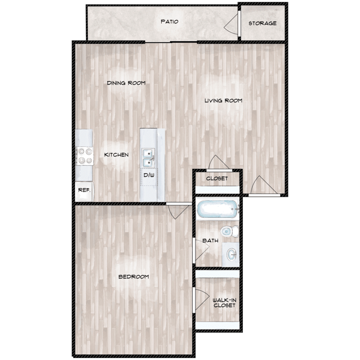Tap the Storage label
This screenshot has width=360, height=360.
(x=262, y=23)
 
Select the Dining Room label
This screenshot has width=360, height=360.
(x=126, y=83)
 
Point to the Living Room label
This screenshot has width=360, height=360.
(x=223, y=101)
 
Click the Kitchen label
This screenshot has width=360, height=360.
(x=117, y=155)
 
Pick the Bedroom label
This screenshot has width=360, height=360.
(x=133, y=277)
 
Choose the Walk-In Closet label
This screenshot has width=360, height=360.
(x=224, y=302)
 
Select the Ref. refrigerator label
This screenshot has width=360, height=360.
(x=84, y=190)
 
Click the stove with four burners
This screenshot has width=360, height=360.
(x=85, y=156)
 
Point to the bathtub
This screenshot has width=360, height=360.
(x=216, y=210)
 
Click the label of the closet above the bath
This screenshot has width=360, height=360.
(x=216, y=179)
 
